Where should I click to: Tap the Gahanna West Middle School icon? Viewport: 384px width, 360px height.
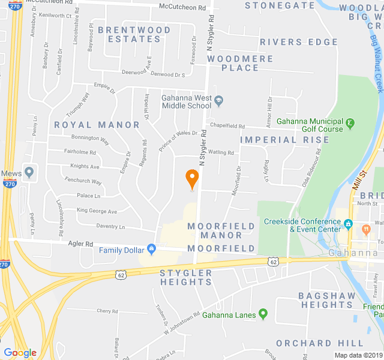pyautogui.click(x=219, y=101)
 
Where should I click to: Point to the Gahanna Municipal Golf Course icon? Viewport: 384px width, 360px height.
pyautogui.click(x=350, y=124)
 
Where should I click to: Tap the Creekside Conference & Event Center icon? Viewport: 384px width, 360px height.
pyautogui.click(x=348, y=225)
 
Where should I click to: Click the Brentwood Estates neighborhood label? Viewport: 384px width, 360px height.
pyautogui.click(x=134, y=34)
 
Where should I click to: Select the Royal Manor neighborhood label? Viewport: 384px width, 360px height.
pyautogui.click(x=97, y=125)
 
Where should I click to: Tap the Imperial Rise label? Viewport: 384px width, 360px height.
pyautogui.click(x=285, y=140)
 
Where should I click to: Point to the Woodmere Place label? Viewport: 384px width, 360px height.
pyautogui.click(x=240, y=63)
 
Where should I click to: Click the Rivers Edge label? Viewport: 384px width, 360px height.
pyautogui.click(x=299, y=41)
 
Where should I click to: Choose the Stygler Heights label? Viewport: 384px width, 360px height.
pyautogui.click(x=186, y=277)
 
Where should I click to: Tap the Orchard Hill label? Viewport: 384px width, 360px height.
pyautogui.click(x=329, y=343)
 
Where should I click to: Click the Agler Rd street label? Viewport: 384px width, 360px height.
pyautogui.click(x=80, y=244)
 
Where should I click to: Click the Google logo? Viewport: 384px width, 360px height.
pyautogui.click(x=20, y=353)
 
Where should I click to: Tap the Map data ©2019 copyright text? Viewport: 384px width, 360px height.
pyautogui.click(x=358, y=355)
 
